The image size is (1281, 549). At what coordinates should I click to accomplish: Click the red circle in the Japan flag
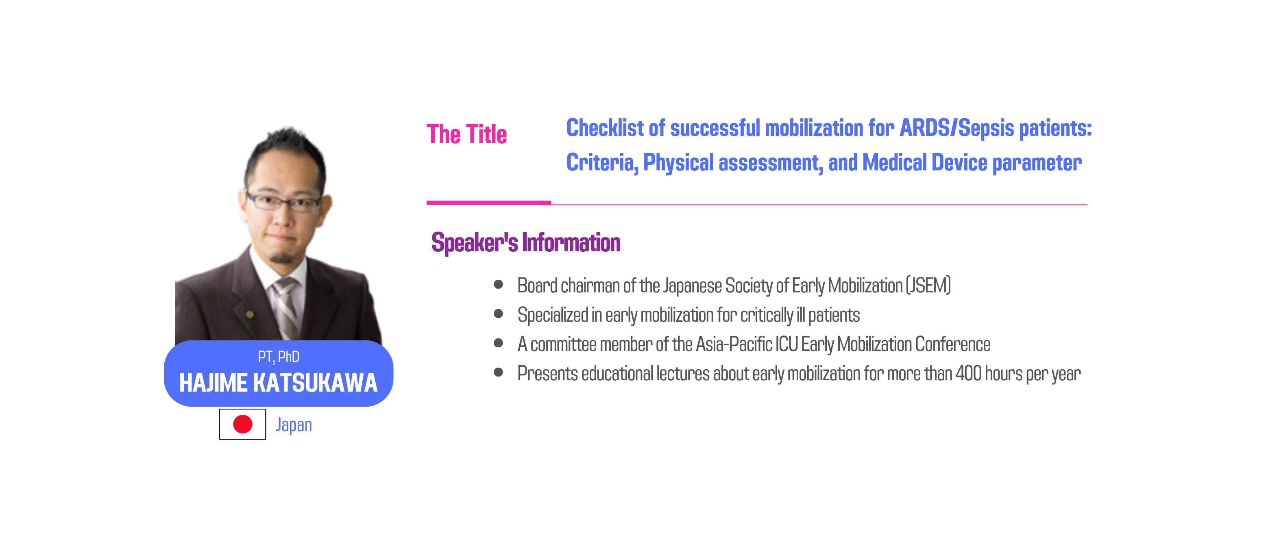[x=243, y=424]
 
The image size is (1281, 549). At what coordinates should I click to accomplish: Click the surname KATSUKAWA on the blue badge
[x=315, y=383]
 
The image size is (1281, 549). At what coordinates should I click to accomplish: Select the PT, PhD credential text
[x=279, y=357]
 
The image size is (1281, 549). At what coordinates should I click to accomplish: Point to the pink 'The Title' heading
[x=466, y=134]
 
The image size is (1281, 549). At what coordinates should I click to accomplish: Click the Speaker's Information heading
[x=526, y=243]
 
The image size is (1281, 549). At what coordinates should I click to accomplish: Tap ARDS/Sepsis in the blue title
[x=957, y=128]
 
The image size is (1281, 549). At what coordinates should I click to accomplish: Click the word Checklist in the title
[x=605, y=128]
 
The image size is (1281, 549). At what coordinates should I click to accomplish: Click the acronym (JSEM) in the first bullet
[x=928, y=285]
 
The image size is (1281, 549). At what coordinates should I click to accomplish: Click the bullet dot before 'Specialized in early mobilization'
[x=498, y=314]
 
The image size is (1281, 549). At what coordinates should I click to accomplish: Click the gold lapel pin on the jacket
[x=250, y=314]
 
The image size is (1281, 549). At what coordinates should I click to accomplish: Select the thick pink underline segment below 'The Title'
[x=488, y=203]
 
